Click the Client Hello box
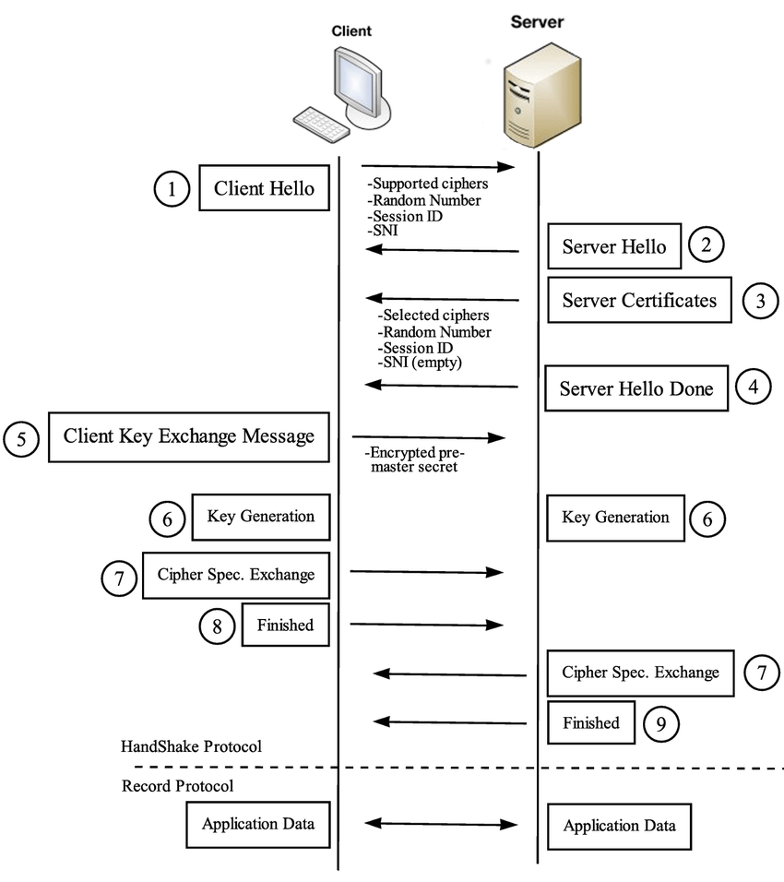(x=265, y=189)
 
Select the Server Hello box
(x=613, y=247)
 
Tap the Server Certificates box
(x=638, y=300)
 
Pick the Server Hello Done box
(x=636, y=388)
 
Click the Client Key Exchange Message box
(x=188, y=436)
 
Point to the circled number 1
(x=171, y=189)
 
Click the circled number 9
(x=660, y=723)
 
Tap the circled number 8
(x=217, y=626)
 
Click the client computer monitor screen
(x=355, y=80)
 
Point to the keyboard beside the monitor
(x=319, y=122)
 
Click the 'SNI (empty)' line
(x=420, y=364)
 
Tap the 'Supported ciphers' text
(x=427, y=185)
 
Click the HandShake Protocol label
(x=191, y=746)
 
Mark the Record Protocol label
(x=177, y=786)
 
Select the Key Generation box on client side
(x=260, y=517)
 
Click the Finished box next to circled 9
(x=591, y=723)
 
